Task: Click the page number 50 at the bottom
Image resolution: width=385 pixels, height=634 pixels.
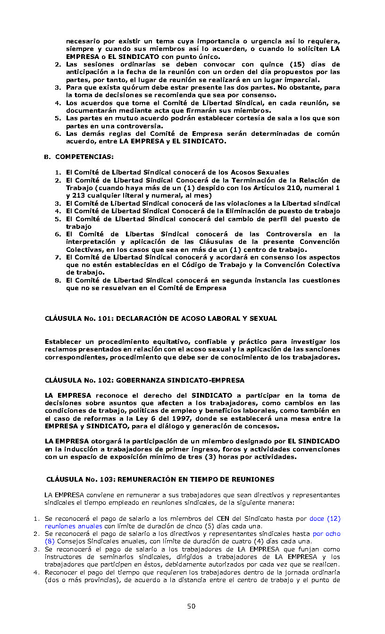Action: point(191,606)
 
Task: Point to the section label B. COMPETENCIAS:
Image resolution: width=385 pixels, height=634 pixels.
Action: point(79,157)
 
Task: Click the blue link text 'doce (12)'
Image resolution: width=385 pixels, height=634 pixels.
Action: point(325,518)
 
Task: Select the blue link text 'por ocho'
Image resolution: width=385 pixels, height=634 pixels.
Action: point(326,534)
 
